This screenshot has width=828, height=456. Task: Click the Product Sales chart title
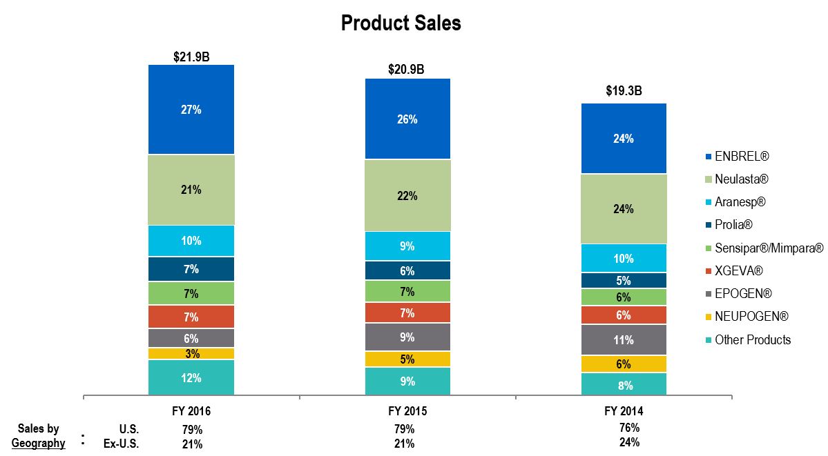coord(401,23)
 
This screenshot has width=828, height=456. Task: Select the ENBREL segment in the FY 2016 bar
coord(191,110)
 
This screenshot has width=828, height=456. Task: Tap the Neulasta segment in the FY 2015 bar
coord(407,196)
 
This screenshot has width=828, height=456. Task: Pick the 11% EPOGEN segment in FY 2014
coord(624,340)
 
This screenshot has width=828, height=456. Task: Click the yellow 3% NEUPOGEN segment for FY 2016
coord(191,354)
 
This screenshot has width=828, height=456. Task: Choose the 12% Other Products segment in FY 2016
coord(191,378)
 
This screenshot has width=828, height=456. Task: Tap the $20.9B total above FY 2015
coord(407,70)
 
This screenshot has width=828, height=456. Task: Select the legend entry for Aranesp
coord(740,202)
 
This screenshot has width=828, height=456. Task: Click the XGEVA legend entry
coord(738,271)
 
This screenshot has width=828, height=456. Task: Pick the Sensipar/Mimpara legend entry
coord(769,248)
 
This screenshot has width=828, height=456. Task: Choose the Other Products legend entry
coord(752,339)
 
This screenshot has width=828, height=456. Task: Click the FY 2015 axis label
coord(407,411)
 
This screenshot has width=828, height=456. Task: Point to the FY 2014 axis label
coord(624,411)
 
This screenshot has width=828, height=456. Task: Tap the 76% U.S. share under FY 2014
coord(629,428)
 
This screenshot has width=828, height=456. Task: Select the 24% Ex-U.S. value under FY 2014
coord(629,442)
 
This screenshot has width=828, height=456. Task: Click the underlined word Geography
coord(39,443)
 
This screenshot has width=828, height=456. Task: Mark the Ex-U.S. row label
coord(121,444)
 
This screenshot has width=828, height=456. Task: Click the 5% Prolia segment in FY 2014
coord(624,281)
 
